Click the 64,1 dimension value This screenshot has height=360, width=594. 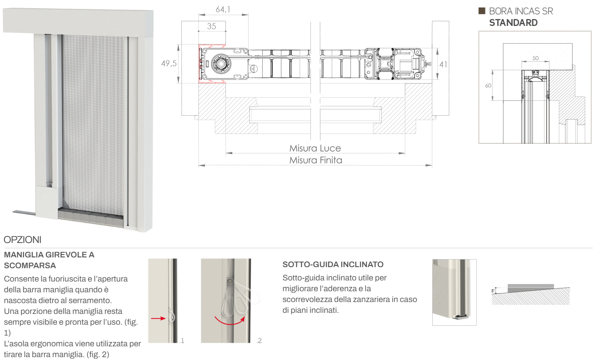tap(223, 10)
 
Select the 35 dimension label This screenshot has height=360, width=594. tap(211, 26)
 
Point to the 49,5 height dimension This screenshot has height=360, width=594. tap(169, 63)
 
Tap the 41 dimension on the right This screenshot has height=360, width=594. tap(443, 64)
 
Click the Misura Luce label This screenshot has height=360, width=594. tap(315, 148)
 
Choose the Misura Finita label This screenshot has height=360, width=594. tap(316, 160)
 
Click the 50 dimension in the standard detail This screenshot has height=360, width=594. tap(535, 58)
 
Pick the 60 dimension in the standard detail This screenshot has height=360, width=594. tap(488, 86)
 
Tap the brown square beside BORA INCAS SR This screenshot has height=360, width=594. tap(482, 11)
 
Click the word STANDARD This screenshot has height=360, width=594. tap(513, 23)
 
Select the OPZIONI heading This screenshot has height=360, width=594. tap(23, 240)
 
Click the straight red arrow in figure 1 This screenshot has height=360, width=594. tap(158, 318)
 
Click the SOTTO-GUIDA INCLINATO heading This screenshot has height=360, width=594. tap(333, 264)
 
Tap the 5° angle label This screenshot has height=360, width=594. tap(493, 291)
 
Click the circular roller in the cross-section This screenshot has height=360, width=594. tap(221, 64)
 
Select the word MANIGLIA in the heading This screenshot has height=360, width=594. tap(24, 255)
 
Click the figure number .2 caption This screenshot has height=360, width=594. tap(259, 341)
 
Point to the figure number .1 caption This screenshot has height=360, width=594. tap(182, 341)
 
